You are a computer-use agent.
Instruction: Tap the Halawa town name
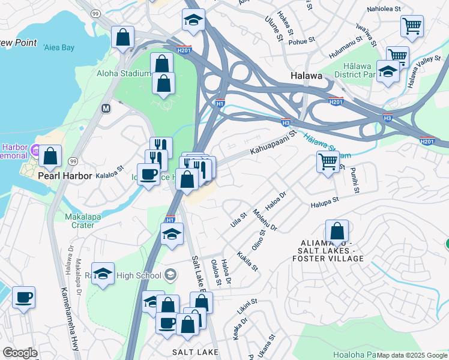click(x=306, y=76)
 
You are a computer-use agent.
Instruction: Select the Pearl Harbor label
click(x=65, y=176)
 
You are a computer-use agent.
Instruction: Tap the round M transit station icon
click(x=106, y=109)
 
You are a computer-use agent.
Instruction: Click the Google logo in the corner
click(x=20, y=353)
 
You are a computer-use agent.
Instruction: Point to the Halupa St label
click(x=325, y=202)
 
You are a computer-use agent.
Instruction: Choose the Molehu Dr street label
click(x=265, y=220)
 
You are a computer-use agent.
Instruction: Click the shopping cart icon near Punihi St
click(x=328, y=161)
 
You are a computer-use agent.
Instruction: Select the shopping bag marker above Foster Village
click(x=337, y=231)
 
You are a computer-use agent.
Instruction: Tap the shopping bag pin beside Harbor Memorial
click(x=50, y=156)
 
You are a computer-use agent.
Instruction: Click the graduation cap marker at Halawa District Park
click(x=388, y=71)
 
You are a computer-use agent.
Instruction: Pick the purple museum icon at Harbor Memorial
click(x=35, y=149)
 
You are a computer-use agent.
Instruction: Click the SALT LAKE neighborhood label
click(x=191, y=351)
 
